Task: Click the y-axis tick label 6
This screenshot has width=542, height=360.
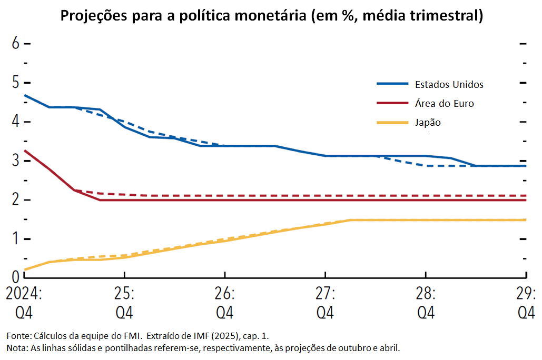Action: [x=16, y=44]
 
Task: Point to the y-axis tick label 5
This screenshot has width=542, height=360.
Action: [x=16, y=83]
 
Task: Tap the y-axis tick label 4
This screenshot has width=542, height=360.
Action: [x=16, y=122]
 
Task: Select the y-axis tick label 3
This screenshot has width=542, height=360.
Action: [x=16, y=161]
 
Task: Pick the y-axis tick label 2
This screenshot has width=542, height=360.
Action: [x=16, y=199]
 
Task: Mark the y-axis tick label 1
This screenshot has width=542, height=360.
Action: [x=16, y=238]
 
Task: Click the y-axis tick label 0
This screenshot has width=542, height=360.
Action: [x=16, y=277]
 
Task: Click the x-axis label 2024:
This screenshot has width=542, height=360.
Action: [x=24, y=293]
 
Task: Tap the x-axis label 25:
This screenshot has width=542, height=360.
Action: [x=124, y=293]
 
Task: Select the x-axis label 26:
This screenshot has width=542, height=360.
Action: [x=225, y=293]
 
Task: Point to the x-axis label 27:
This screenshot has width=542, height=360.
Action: [x=326, y=293]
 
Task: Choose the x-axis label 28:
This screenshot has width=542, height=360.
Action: [x=426, y=293]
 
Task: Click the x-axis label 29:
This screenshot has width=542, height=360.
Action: [x=526, y=293]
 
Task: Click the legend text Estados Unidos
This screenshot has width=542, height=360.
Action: [x=449, y=84]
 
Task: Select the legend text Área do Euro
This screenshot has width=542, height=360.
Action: [x=444, y=104]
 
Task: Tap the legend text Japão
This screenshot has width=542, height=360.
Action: [x=428, y=123]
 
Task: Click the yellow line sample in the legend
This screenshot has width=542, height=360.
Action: [x=392, y=123]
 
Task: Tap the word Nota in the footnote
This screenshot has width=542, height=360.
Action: [x=16, y=348]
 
